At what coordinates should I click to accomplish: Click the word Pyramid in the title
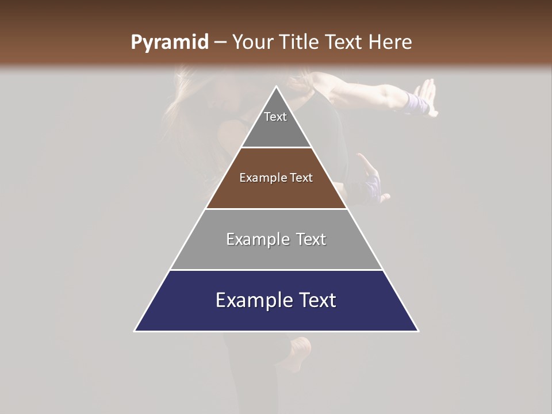[169, 43]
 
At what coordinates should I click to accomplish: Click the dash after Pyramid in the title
[220, 43]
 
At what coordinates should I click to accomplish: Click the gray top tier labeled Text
[276, 124]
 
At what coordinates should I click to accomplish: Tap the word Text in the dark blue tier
[312, 300]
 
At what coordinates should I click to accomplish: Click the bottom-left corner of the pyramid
[135, 331]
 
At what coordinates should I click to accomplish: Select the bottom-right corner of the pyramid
[418, 331]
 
